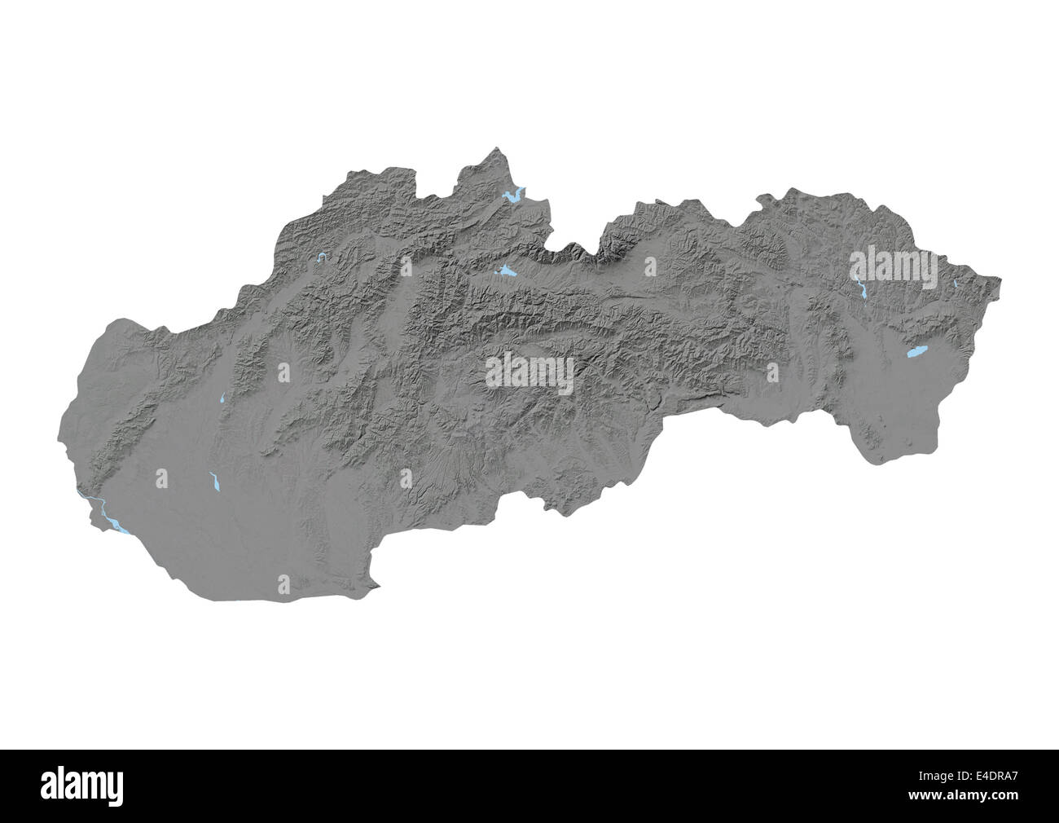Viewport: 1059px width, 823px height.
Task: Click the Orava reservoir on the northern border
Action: click(513, 196)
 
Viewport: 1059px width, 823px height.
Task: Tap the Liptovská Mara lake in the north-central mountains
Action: click(505, 271)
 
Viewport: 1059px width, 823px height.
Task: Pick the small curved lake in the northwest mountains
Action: click(323, 258)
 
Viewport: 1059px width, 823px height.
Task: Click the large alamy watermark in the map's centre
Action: click(529, 373)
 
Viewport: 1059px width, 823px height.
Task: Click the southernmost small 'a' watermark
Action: click(283, 584)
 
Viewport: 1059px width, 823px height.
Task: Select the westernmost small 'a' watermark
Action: click(161, 478)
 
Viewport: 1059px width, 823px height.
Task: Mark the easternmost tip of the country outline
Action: click(1001, 282)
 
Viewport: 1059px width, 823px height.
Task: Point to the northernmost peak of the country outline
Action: click(498, 148)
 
